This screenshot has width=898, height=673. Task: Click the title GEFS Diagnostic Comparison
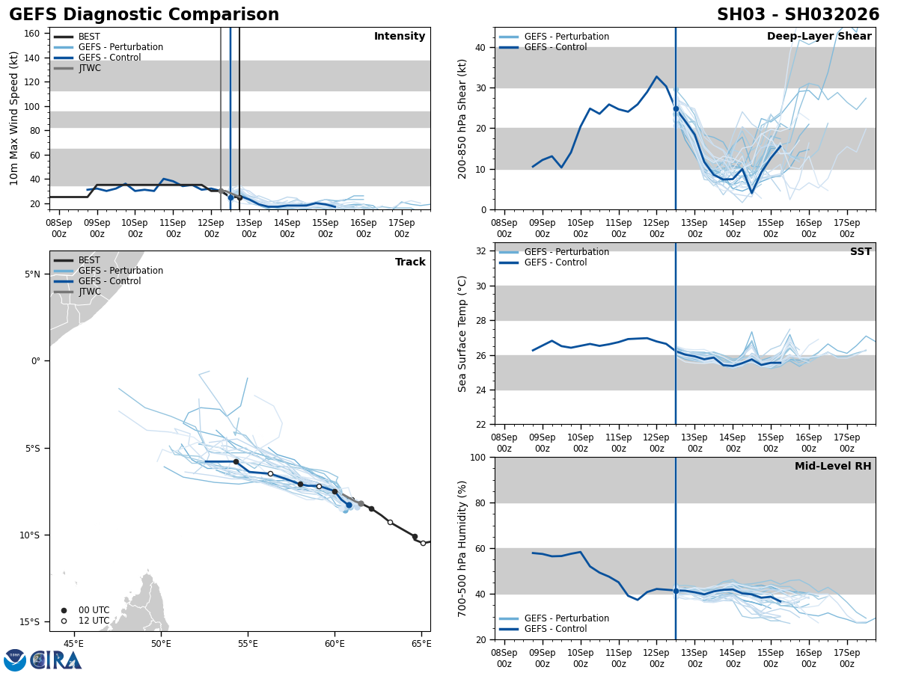tap(144, 15)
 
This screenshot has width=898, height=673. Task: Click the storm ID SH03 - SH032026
tap(798, 15)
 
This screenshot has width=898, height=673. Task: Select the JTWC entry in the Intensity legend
tap(89, 68)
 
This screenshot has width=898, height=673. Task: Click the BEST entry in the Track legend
tap(89, 260)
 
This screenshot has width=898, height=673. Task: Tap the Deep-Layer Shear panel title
tap(819, 37)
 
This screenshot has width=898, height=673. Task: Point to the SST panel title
tap(861, 252)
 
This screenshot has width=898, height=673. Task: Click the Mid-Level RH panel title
tap(833, 467)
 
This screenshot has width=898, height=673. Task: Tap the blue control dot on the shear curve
tap(676, 108)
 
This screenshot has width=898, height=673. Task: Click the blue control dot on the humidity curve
tap(676, 591)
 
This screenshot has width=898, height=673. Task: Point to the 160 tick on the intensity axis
tap(32, 34)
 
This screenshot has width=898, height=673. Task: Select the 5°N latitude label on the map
tap(32, 274)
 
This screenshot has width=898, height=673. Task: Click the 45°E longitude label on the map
tap(73, 644)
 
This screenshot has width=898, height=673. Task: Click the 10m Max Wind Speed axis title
tap(14, 118)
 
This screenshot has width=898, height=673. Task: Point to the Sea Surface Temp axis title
tap(462, 334)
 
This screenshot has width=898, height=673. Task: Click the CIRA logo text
tap(56, 660)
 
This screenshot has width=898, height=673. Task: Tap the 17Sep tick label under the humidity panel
tap(846, 658)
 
